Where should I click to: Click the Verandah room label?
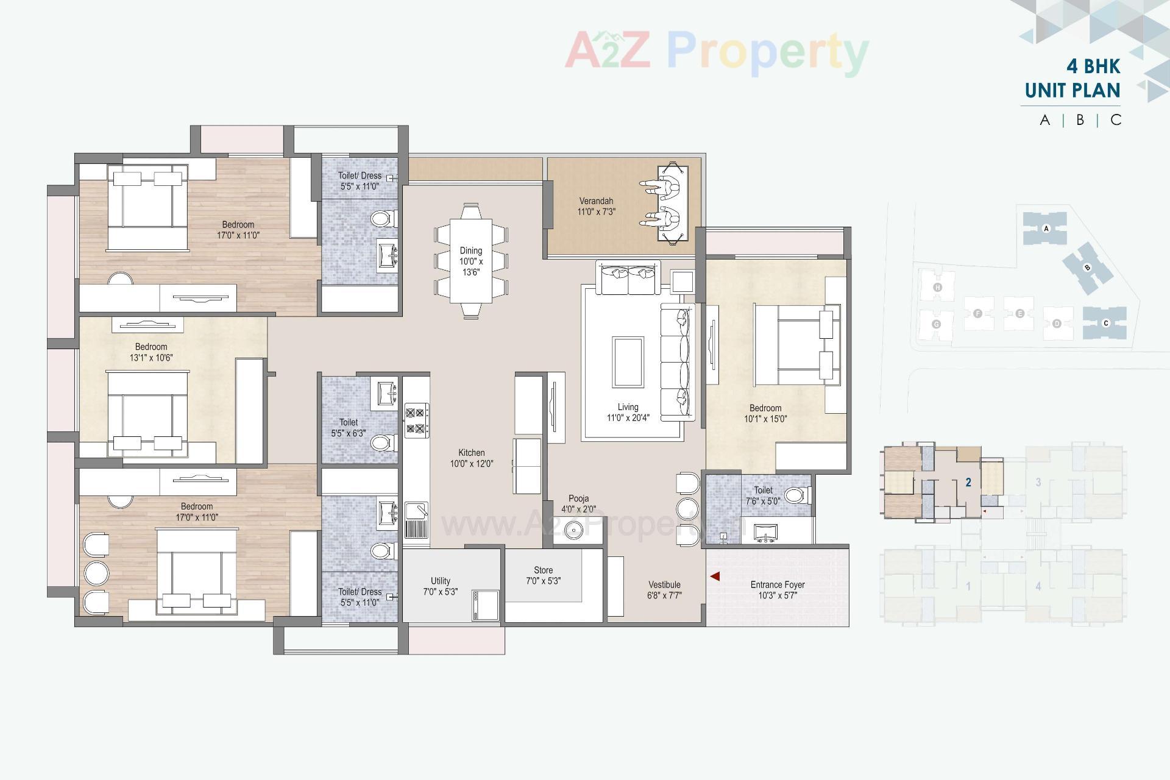[x=596, y=207]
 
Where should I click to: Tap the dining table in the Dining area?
[x=470, y=261]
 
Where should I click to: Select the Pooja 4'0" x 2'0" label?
[x=578, y=504]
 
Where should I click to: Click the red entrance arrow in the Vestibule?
[x=715, y=576]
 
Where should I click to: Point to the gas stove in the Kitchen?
[x=416, y=420]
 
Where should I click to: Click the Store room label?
[x=543, y=576]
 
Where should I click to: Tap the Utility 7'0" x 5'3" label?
[x=440, y=586]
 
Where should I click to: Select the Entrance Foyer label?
[x=778, y=590]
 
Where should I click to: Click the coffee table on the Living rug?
[x=628, y=362]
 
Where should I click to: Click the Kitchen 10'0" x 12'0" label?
[x=472, y=458]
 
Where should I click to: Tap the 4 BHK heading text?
[x=1093, y=66]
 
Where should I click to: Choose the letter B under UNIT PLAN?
[x=1080, y=120]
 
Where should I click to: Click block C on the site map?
[x=1105, y=323]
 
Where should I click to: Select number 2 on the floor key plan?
[x=968, y=483]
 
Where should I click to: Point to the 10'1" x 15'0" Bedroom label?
[x=765, y=414]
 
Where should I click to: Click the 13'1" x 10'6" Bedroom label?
[x=151, y=352]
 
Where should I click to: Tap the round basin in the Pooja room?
[x=573, y=530]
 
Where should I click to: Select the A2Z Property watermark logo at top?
[x=717, y=51]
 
